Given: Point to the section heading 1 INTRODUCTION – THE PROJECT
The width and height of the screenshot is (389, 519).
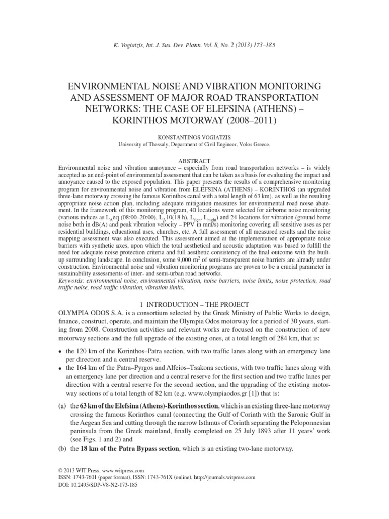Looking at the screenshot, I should pos(194,304).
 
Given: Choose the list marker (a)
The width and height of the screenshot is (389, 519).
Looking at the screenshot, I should pos(62,420).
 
